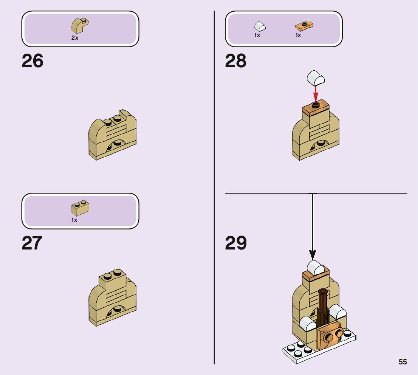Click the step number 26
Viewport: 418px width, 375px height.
click(33, 61)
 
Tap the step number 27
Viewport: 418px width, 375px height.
click(32, 243)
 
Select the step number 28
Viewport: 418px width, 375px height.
click(235, 61)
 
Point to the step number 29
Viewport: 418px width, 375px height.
click(235, 243)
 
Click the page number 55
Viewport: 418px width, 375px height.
click(403, 362)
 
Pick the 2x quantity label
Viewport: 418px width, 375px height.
click(75, 38)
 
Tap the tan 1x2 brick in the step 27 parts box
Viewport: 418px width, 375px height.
click(80, 207)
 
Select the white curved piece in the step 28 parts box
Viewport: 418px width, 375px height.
click(260, 26)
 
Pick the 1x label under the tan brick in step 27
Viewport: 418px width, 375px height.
click(74, 220)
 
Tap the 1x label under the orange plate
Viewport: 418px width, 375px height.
click(298, 35)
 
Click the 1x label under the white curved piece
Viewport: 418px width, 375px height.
click(257, 35)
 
